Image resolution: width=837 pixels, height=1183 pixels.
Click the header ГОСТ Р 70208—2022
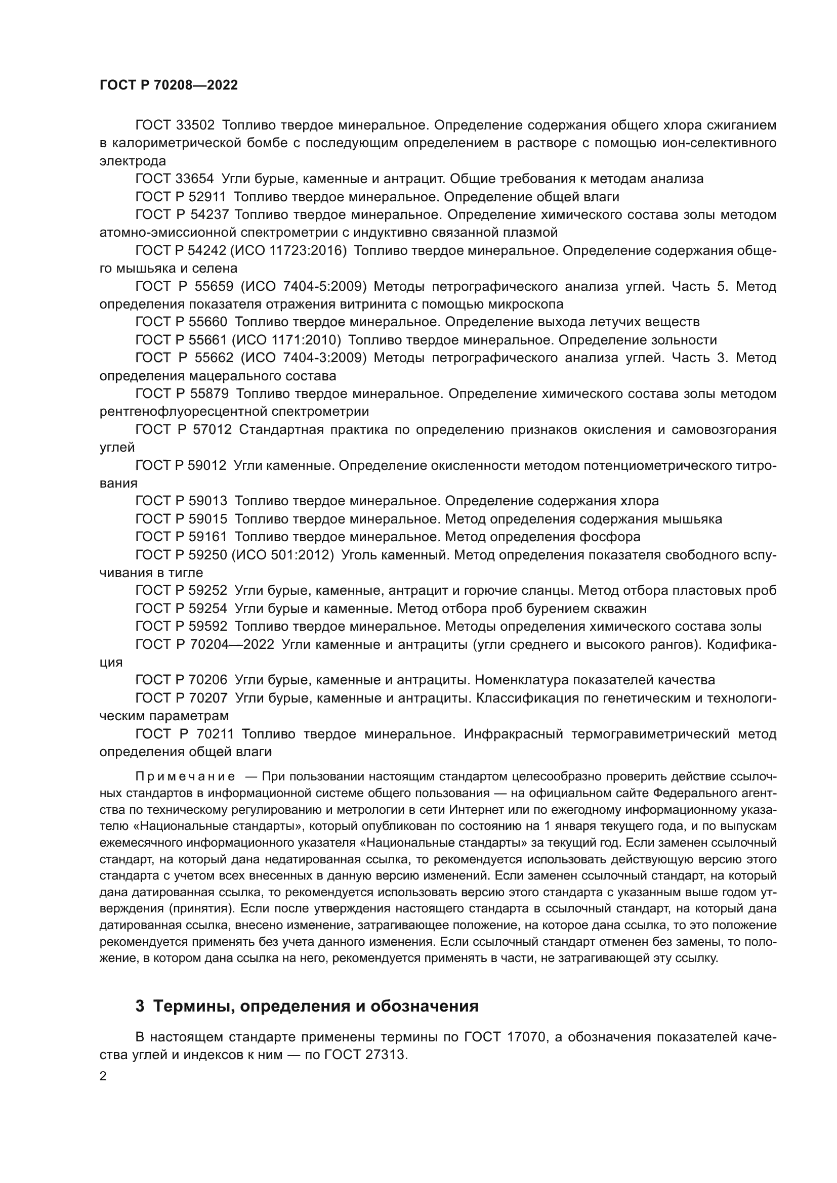pyautogui.click(x=169, y=85)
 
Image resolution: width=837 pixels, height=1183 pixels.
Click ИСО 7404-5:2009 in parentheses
pyautogui.click(x=304, y=286)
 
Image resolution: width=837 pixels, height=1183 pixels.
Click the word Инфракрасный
pyautogui.click(x=513, y=734)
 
